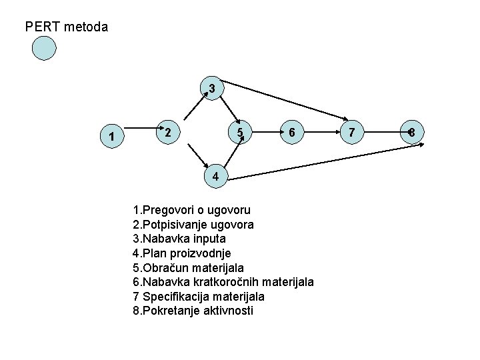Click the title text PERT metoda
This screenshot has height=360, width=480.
coord(66,27)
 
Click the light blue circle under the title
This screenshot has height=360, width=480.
coord(44,48)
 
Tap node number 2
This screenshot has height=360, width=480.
coord(168,133)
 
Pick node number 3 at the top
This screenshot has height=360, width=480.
coord(211,88)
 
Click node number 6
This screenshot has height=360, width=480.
coord(291,133)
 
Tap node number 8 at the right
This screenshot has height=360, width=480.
coord(412,133)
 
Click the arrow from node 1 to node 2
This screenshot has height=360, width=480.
coord(140,126)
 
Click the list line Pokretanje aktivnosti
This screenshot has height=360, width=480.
coord(193,311)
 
